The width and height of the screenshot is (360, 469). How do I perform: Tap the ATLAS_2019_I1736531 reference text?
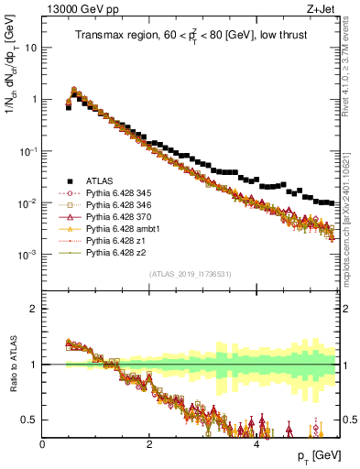(190, 274)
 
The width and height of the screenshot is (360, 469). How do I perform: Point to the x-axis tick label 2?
(149, 444)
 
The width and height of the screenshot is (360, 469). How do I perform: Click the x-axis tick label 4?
(256, 444)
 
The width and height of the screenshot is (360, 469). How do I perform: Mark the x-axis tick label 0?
(43, 444)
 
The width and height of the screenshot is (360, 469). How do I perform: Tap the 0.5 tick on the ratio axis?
(31, 420)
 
